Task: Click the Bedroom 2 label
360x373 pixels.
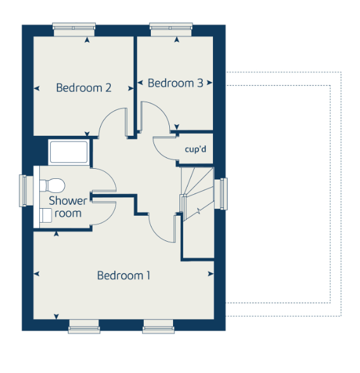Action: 84,88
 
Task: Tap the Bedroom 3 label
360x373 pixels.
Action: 176,83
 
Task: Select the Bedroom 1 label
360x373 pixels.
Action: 124,275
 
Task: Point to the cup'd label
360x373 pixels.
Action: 195,150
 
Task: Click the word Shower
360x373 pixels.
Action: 68,200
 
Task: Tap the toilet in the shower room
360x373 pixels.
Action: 52,185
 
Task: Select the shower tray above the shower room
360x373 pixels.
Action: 68,152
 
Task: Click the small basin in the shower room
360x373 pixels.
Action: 46,216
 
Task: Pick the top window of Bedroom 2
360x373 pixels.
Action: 74,29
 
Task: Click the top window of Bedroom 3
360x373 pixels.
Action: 171,29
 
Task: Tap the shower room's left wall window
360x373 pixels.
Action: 26,191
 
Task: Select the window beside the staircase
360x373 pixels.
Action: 221,194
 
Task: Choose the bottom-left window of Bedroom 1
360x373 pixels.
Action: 84,326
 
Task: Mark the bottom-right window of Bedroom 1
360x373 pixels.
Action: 158,326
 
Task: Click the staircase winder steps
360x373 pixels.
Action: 198,183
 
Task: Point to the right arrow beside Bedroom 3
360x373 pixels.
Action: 209,82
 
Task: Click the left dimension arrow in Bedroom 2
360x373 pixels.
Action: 36,89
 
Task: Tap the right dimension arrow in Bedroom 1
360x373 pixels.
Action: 211,274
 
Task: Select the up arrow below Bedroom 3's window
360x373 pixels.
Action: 177,39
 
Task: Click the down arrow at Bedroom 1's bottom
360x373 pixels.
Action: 56,317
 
